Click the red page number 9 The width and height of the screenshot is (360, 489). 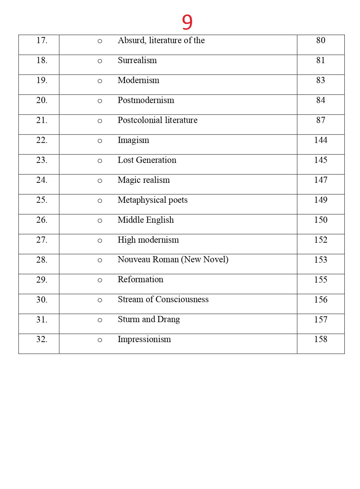tap(187, 22)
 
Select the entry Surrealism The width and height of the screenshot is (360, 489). tap(137, 61)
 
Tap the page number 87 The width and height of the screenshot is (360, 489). tap(320, 120)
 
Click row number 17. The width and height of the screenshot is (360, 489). tap(42, 40)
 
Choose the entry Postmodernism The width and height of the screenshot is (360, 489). tap(146, 100)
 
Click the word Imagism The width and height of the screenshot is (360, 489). tap(133, 140)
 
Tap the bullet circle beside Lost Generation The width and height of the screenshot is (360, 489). tap(100, 161)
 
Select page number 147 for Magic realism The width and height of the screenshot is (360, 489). tap(320, 180)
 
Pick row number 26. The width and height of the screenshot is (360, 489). tap(42, 220)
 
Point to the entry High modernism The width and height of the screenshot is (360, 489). tap(148, 240)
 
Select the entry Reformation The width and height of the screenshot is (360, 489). tap(140, 280)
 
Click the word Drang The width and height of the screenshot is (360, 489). tap(169, 320)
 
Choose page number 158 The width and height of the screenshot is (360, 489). tap(320, 339)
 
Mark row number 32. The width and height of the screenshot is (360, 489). tap(42, 339)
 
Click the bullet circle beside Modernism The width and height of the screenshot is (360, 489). tap(100, 81)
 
